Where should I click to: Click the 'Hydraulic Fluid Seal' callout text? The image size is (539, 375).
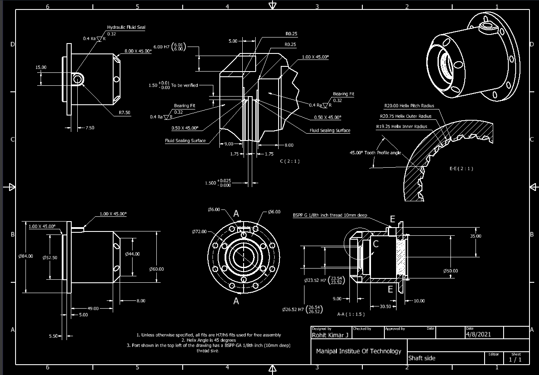coord(126,27)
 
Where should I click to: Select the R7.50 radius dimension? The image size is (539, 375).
coord(124,112)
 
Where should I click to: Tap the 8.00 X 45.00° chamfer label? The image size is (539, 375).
coord(138,51)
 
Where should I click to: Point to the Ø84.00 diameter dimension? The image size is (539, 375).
coord(26,256)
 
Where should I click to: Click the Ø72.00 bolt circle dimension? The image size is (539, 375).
coord(199,231)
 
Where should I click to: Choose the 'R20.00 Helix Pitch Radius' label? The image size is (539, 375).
coord(409,106)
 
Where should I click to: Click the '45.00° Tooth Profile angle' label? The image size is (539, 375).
coord(375,153)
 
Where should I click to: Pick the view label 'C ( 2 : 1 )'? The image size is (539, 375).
coord(289,161)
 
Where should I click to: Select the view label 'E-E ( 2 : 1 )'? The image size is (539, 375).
coord(461,169)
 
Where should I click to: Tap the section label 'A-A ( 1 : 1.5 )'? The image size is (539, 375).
coord(351,314)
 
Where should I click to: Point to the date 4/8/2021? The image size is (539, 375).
coord(478,334)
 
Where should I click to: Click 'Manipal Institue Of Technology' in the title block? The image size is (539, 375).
coord(358,351)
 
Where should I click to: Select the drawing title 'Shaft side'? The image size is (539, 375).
coord(422,358)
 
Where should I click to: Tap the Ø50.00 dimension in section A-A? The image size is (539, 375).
coord(450,271)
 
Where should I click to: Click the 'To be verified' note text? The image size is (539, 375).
coord(184,85)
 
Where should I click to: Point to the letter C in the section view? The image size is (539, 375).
coord(376,244)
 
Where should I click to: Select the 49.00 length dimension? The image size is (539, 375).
coord(93,309)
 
